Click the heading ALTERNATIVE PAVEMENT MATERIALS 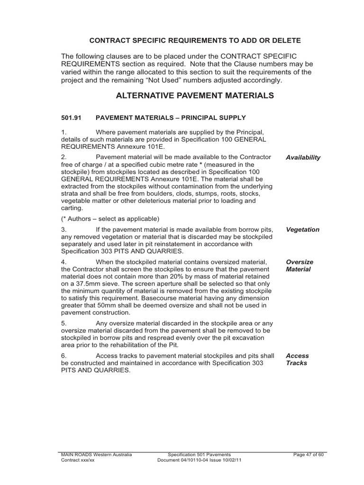[195, 96]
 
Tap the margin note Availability [303, 158]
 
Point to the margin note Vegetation [302, 230]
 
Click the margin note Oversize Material [300, 266]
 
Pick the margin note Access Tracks [297, 359]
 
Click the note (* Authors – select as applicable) [110, 219]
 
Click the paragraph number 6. [64, 356]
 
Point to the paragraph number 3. [64, 230]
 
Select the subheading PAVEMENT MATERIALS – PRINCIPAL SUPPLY [171, 117]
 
